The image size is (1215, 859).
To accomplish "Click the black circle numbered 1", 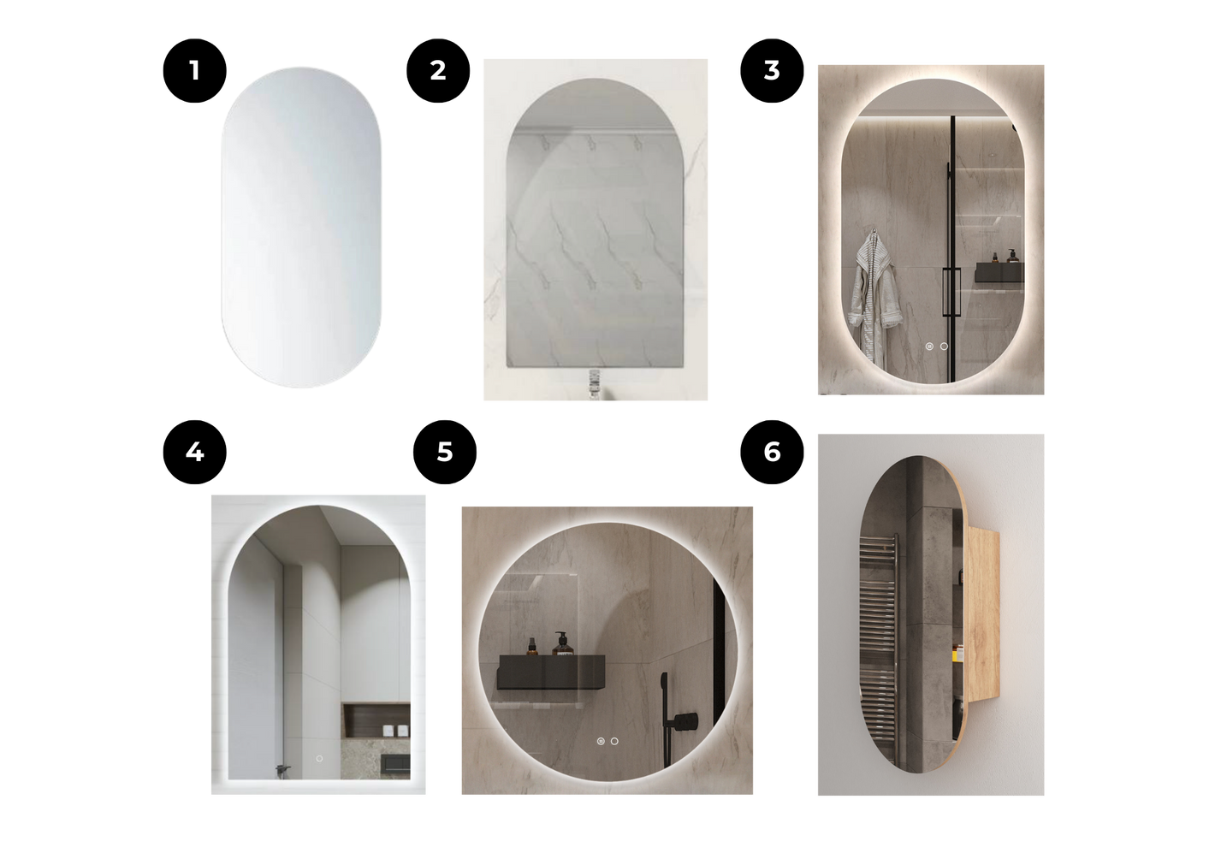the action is click(195, 70).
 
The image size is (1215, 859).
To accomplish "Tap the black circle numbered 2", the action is click(438, 70).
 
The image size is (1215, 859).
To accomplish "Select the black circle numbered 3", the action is click(772, 70).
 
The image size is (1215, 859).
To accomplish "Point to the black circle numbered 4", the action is click(195, 452).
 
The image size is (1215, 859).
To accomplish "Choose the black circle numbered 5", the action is click(445, 452).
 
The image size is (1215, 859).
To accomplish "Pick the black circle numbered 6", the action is click(772, 452).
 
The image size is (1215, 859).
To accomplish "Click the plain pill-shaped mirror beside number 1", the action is click(301, 228).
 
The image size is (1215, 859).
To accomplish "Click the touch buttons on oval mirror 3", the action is click(937, 346).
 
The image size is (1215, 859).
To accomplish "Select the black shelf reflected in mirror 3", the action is click(999, 272).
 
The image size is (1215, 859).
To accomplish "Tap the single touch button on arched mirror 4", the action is click(319, 759).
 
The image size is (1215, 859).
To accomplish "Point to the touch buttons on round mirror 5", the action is click(607, 741).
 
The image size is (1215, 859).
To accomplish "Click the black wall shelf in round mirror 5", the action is click(551, 672).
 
